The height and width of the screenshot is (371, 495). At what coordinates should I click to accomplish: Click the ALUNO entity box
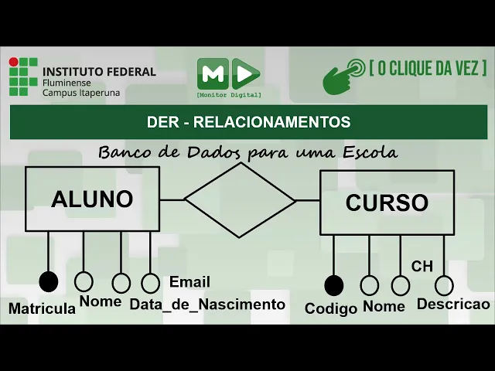tap(92, 199)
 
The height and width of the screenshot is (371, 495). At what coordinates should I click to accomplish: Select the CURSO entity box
tap(386, 203)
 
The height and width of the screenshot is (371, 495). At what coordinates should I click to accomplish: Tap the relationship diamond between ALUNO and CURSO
tap(240, 199)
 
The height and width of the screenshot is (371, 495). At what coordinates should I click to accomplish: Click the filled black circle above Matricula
tap(49, 281)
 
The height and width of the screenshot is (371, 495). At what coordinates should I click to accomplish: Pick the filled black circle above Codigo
tap(333, 285)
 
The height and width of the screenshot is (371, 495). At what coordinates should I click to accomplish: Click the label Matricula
tap(42, 308)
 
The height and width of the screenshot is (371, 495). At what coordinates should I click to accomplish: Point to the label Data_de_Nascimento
tap(207, 305)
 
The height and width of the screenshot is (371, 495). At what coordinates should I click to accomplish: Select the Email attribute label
tap(189, 282)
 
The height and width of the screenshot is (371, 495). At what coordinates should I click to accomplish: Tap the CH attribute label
tap(422, 267)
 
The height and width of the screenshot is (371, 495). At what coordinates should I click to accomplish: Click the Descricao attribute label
tap(453, 305)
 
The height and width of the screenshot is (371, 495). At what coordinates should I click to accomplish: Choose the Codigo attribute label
tap(331, 308)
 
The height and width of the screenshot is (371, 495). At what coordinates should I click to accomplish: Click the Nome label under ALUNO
tap(101, 301)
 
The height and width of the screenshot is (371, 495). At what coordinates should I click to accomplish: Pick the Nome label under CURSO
tap(384, 307)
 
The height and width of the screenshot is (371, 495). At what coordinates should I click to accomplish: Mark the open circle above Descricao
tap(444, 285)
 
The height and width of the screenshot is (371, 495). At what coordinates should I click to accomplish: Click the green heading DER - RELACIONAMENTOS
tap(248, 122)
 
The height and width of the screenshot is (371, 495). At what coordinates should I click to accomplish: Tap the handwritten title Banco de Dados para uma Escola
tap(247, 152)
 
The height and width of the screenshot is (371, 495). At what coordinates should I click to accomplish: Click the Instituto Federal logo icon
tap(24, 77)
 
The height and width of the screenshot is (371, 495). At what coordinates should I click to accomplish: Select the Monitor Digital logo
tap(228, 76)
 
